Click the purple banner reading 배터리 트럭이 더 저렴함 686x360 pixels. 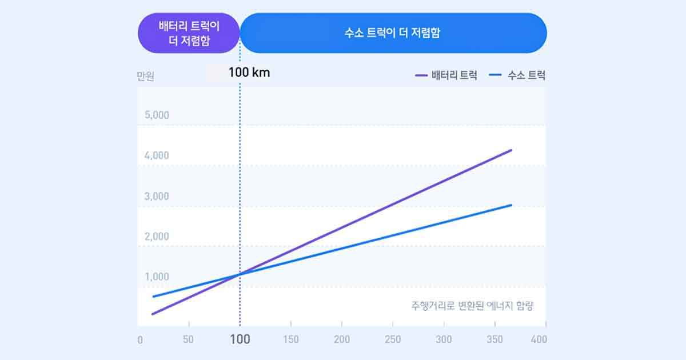pos(189,33)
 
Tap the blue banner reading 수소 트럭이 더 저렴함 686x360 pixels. pos(393,33)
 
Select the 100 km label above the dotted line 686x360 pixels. pos(249,73)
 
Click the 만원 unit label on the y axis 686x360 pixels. pos(146,77)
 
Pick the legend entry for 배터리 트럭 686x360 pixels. pos(447,75)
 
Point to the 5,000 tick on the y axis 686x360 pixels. pos(157,115)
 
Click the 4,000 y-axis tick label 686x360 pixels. pos(157,155)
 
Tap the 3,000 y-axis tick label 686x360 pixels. pos(157,196)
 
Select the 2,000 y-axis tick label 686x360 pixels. pos(157,237)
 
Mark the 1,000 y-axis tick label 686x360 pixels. pos(157,277)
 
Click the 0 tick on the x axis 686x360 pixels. pos(140,340)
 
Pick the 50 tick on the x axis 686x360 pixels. pos(188,339)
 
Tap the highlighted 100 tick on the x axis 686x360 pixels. pos(240,339)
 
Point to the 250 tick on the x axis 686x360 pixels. pos(393,339)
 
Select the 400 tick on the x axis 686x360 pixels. pos(539,339)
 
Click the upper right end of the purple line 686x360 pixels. pos(510,150)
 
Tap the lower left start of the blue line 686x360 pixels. pos(153,297)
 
